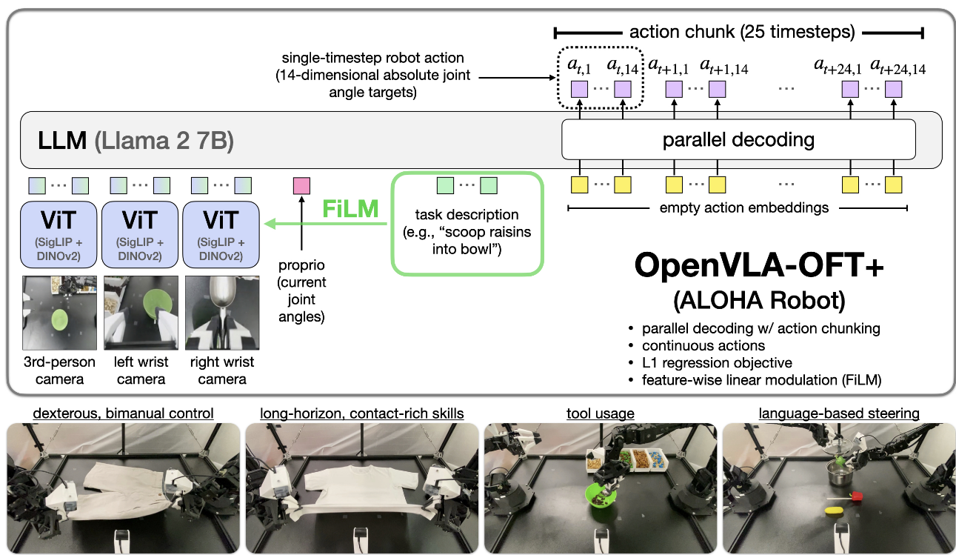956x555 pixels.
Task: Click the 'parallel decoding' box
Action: (x=738, y=140)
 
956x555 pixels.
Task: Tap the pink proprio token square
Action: (x=301, y=185)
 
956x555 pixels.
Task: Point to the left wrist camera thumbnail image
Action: (x=141, y=312)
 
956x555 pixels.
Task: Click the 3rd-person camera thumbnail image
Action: (x=59, y=312)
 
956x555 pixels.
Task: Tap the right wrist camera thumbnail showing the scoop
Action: (x=221, y=312)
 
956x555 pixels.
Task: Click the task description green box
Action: (x=467, y=223)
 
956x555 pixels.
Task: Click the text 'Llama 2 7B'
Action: (x=163, y=140)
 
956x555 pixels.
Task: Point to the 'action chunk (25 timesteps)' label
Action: (x=741, y=33)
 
